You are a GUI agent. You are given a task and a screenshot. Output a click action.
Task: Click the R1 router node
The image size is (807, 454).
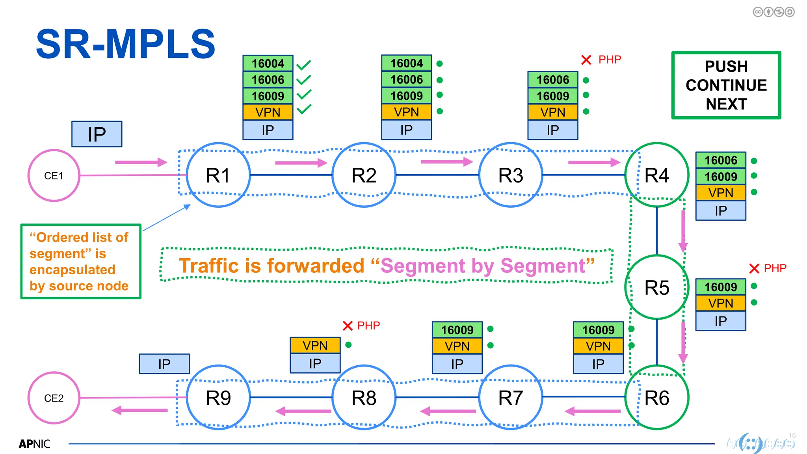[218, 175]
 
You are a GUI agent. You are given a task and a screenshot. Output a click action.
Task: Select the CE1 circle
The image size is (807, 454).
[54, 175]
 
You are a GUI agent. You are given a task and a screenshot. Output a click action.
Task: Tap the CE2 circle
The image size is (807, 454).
[54, 398]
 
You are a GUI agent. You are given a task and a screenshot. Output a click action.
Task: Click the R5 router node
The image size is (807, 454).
[656, 287]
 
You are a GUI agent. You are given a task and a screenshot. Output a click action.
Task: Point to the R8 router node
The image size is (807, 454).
[364, 397]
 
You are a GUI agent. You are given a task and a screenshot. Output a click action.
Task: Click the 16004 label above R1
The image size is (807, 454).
[268, 63]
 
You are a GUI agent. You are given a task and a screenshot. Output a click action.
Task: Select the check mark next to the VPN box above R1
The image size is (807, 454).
[304, 109]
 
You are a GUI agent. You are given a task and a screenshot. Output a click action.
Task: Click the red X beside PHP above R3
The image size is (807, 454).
[586, 60]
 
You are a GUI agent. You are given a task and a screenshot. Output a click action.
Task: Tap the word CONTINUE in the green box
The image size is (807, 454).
[726, 85]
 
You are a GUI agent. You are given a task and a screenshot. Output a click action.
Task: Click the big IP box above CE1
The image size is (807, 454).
[97, 134]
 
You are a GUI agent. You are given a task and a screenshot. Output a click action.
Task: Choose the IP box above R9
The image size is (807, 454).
[164, 364]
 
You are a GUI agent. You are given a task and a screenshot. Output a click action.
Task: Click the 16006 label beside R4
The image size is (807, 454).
[720, 160]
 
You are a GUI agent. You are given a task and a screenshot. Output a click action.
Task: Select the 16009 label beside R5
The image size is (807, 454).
[720, 287]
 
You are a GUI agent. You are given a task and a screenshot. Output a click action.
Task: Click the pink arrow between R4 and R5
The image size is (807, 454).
[683, 231]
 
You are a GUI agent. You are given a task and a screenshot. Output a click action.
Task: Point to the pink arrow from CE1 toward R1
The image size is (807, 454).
[141, 162]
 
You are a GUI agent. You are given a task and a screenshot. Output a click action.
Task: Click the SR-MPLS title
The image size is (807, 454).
[125, 44]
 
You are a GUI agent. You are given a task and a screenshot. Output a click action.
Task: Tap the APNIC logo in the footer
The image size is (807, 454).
[34, 444]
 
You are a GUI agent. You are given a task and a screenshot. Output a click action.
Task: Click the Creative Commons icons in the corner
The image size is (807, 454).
[774, 12]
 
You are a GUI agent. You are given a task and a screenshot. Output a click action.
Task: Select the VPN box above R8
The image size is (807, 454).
[315, 346]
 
